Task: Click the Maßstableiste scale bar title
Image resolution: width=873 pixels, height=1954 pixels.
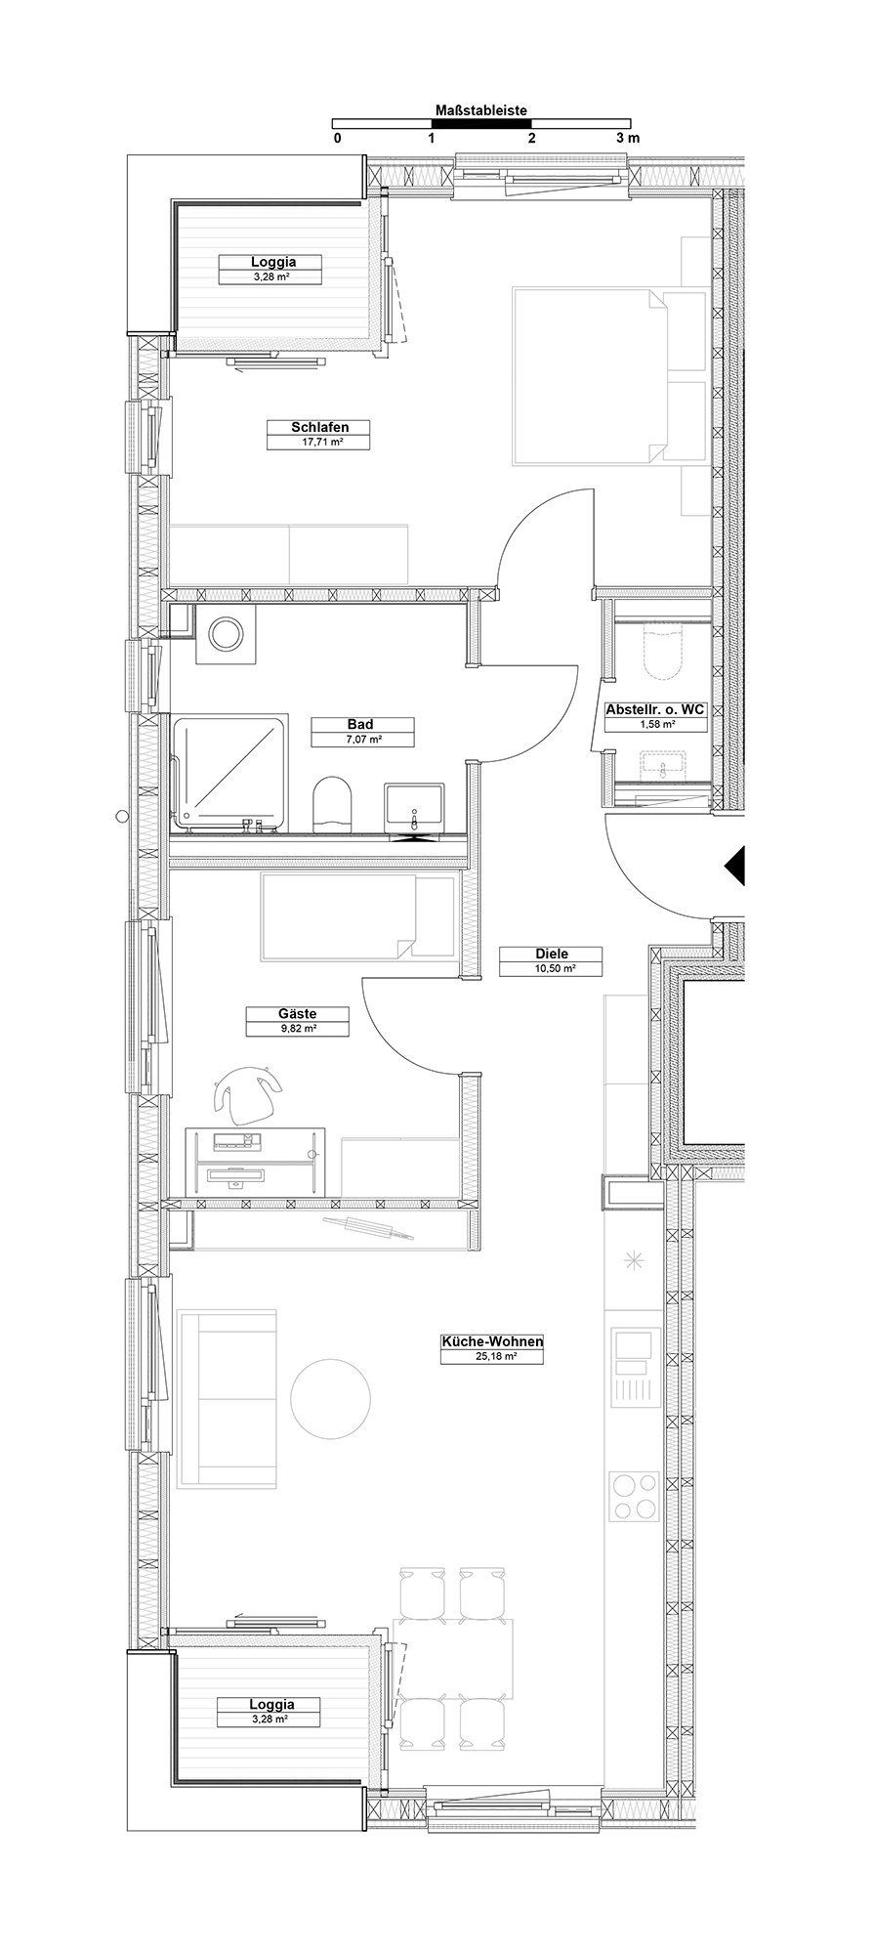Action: tap(481, 110)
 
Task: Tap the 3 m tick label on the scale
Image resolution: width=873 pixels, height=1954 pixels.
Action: tap(628, 138)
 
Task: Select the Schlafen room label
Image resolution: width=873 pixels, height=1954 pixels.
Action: tap(319, 427)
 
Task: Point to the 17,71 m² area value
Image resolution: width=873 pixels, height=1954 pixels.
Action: tap(320, 442)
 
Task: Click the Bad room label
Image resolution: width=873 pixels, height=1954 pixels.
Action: tap(360, 724)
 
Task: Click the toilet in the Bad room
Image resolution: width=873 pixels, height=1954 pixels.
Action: tap(331, 804)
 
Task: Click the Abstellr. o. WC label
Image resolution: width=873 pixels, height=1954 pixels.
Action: tap(655, 710)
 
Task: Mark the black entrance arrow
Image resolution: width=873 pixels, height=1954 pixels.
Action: tap(734, 865)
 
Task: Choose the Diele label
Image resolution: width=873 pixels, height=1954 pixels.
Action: tap(551, 954)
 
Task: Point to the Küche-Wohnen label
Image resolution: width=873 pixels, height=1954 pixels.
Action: tap(492, 1342)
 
